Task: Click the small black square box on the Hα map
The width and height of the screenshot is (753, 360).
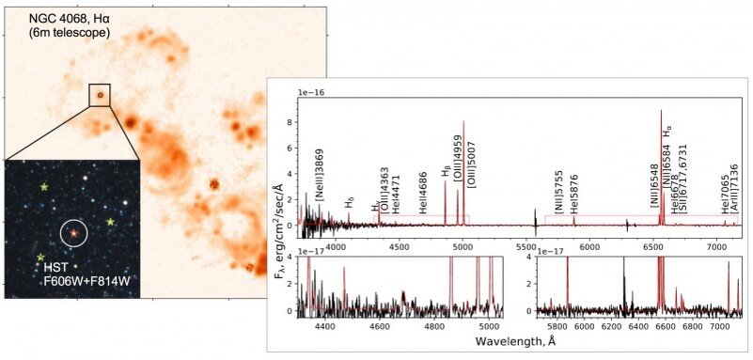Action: point(100,95)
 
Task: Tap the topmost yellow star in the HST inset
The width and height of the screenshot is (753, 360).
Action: point(44,187)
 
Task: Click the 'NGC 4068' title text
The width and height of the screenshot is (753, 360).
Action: point(55,18)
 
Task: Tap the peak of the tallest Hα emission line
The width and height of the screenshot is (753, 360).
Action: point(661,111)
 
